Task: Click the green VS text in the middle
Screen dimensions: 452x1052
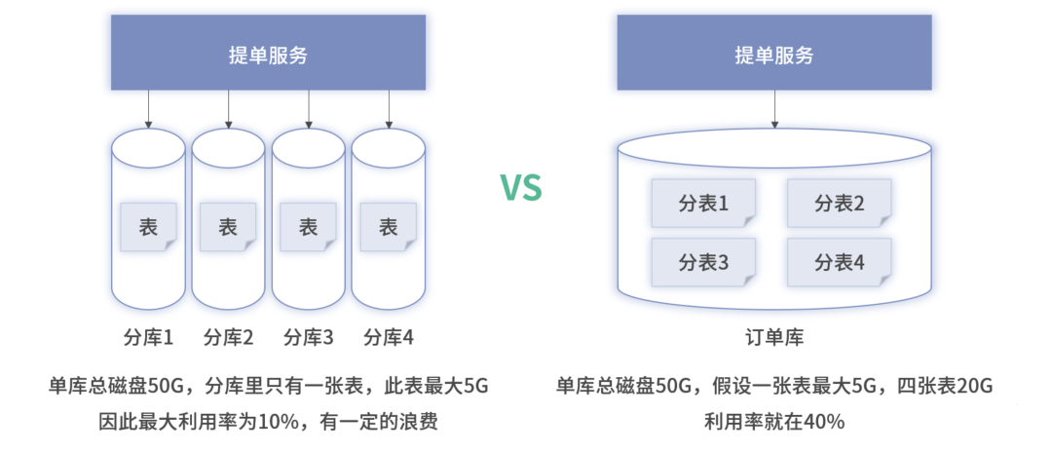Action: (x=521, y=187)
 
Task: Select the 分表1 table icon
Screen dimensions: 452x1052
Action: (x=703, y=204)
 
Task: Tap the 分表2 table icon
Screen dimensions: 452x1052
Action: (x=840, y=204)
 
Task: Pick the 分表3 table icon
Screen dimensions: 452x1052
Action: (x=703, y=262)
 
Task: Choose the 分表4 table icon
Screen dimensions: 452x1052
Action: (x=840, y=262)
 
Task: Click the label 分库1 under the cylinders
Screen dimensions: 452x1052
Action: (x=148, y=338)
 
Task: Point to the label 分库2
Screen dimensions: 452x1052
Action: (x=228, y=338)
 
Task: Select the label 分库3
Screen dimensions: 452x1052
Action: (x=309, y=338)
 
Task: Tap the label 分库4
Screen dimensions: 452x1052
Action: (x=389, y=338)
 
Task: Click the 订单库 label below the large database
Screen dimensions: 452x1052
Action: (x=774, y=338)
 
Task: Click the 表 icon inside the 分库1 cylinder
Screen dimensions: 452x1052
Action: (x=148, y=228)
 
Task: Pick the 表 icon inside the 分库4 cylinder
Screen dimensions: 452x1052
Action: (x=389, y=228)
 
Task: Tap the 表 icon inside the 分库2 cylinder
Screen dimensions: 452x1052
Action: (x=228, y=228)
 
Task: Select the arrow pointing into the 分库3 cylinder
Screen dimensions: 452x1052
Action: (x=309, y=109)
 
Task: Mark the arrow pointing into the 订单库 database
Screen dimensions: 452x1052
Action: (x=774, y=109)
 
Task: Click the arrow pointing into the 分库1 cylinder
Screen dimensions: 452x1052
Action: (x=148, y=109)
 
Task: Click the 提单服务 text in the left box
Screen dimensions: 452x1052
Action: (x=268, y=56)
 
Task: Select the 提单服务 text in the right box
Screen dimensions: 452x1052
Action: (x=774, y=56)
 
